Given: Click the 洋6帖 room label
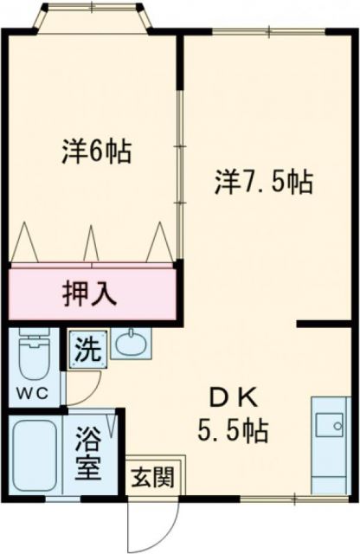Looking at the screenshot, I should [x=96, y=152].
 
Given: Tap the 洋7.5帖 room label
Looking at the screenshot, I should [x=264, y=182].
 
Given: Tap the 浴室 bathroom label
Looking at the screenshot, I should [x=91, y=455].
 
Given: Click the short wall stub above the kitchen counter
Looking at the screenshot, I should [x=325, y=324].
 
